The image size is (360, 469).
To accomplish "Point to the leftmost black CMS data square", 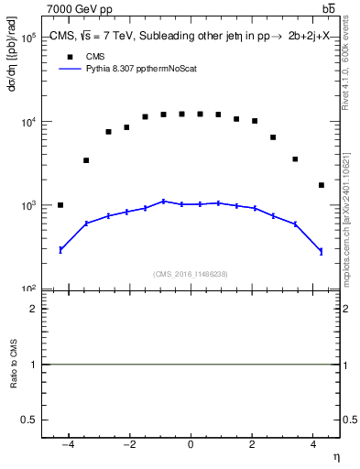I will pyautogui.click(x=60, y=205).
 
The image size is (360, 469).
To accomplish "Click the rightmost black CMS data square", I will pyautogui.click(x=321, y=185).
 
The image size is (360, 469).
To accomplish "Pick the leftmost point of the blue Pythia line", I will pyautogui.click(x=60, y=249).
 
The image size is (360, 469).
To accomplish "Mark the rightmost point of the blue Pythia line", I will pyautogui.click(x=321, y=251).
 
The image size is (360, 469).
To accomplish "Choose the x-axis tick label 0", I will pyautogui.click(x=191, y=445).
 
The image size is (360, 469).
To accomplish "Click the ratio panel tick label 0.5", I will pyautogui.click(x=29, y=420).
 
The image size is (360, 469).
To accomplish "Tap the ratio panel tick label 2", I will pyautogui.click(x=33, y=309).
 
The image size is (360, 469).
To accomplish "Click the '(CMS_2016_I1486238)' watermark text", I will pyautogui.click(x=191, y=274).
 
